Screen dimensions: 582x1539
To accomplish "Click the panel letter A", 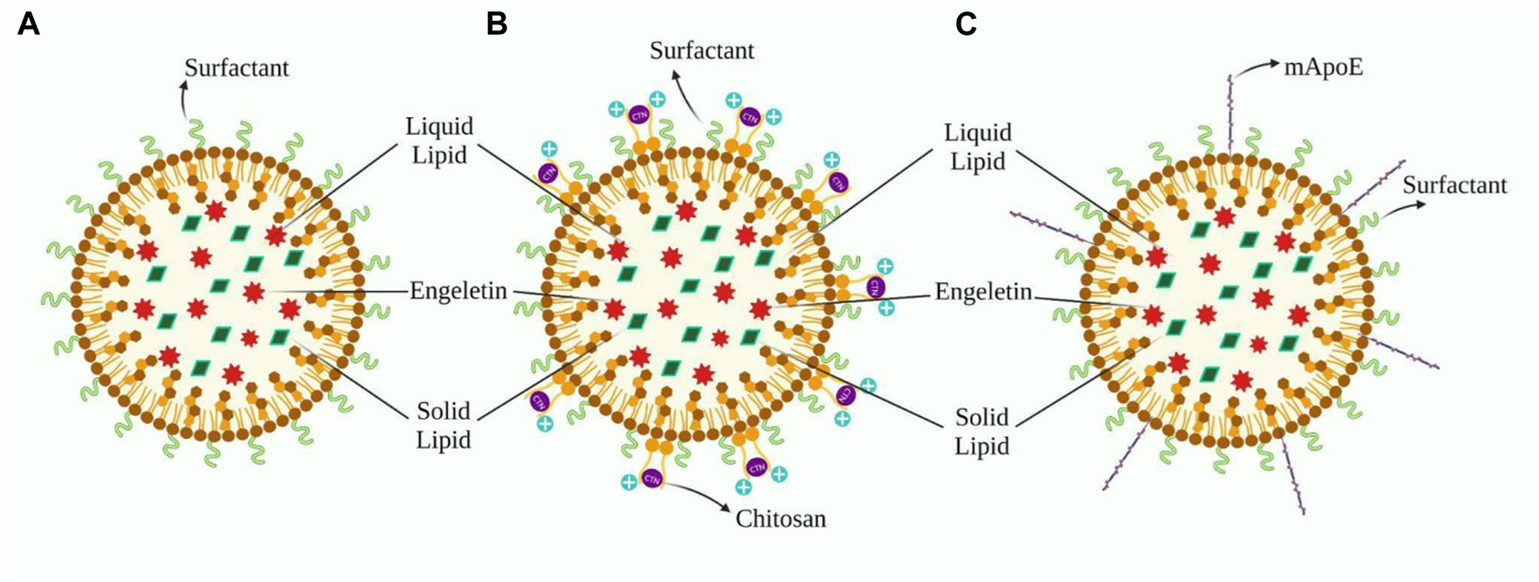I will tap(28, 24).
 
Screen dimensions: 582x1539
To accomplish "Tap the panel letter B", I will tap(496, 24).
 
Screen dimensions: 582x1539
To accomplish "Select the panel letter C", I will tap(966, 24).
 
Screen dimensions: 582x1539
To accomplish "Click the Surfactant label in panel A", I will tap(236, 68).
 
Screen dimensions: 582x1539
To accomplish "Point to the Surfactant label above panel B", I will tap(702, 50).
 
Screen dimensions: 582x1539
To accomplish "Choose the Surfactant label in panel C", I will tap(1455, 185).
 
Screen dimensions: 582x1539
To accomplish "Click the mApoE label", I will tap(1324, 67).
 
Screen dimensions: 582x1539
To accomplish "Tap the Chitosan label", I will tap(781, 519).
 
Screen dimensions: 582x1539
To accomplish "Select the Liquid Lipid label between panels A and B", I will tap(439, 141).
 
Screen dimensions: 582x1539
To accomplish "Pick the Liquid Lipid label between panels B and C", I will tap(979, 147).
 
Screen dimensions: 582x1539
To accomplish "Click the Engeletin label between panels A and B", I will tap(458, 290).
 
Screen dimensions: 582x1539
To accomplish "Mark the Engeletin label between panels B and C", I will tap(983, 292).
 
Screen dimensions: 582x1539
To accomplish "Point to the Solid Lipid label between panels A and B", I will tap(443, 425).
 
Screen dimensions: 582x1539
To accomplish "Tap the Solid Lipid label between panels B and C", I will tap(982, 431).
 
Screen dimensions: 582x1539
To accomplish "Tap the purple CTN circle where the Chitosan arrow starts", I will tap(651, 479).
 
